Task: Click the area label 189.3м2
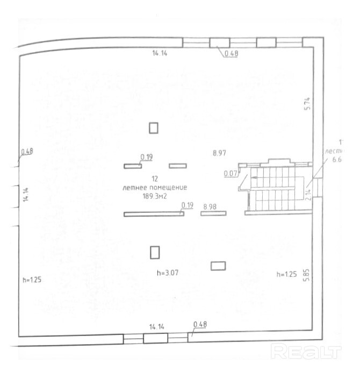click(154, 196)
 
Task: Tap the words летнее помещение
click(154, 188)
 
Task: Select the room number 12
click(154, 179)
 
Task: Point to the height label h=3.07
click(167, 274)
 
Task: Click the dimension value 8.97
click(219, 153)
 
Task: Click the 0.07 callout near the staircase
click(231, 173)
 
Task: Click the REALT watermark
click(306, 352)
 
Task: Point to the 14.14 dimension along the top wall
click(160, 53)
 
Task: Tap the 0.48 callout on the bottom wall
click(200, 324)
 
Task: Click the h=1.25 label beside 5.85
click(286, 274)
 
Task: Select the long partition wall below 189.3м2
click(154, 214)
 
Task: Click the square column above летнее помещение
click(154, 127)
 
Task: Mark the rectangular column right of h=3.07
click(218, 265)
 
